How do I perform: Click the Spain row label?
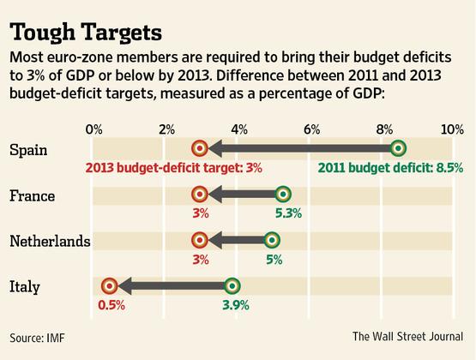[x=28, y=150]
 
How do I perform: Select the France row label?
[x=32, y=195]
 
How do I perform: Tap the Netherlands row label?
[x=50, y=241]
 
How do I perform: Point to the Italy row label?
[x=26, y=286]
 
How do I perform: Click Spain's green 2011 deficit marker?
[x=398, y=149]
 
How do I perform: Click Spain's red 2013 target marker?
[x=200, y=149]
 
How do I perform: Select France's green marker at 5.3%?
[x=283, y=195]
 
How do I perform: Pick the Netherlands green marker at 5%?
[x=272, y=241]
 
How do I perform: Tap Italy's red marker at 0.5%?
[x=110, y=286]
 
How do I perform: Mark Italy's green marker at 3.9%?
[x=232, y=286]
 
